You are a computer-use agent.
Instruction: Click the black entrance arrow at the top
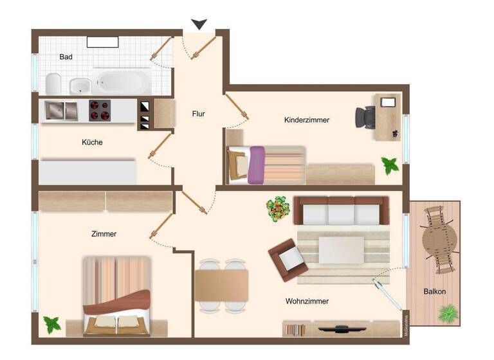tap(199, 24)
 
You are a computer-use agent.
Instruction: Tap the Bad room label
tap(66, 57)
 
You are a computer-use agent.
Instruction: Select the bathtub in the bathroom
tap(122, 81)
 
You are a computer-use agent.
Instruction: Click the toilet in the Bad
tap(53, 83)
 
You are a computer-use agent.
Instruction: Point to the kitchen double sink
tap(60, 111)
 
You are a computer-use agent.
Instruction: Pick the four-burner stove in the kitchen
tap(99, 111)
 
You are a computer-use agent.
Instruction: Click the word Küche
tap(92, 142)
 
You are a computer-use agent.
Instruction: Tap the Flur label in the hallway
tap(198, 114)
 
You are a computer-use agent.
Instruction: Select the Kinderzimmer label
tap(307, 120)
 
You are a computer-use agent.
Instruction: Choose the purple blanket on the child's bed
tap(257, 165)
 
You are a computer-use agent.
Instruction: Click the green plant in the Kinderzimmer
tap(390, 166)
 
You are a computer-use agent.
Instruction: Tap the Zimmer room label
tap(104, 234)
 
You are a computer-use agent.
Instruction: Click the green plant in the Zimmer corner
tap(52, 323)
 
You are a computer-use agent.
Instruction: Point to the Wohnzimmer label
tap(307, 301)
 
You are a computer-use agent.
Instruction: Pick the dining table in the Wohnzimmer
tap(221, 283)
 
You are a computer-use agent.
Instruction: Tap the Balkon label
tap(435, 291)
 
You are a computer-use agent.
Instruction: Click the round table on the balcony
tap(440, 239)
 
